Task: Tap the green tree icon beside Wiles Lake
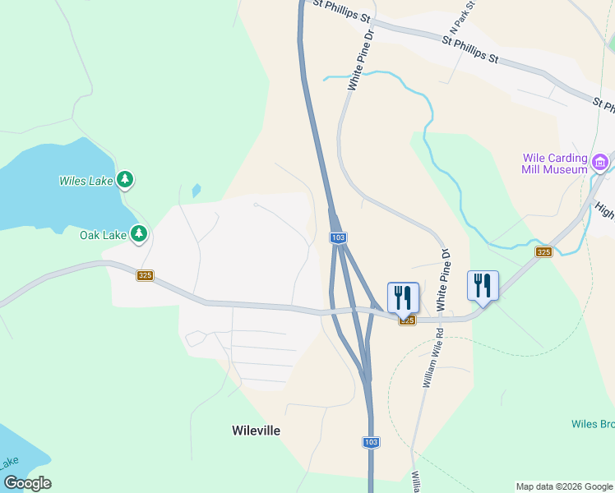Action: (125, 178)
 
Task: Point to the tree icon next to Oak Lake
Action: (139, 234)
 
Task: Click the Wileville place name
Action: (256, 431)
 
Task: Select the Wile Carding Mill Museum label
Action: (555, 164)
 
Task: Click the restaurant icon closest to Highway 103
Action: (403, 297)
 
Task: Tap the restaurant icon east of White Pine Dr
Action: (483, 286)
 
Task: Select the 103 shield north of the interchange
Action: (338, 237)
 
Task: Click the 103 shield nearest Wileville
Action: (371, 442)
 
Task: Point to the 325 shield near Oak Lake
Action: (146, 275)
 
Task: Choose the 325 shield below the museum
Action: (543, 251)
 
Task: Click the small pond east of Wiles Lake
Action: (196, 191)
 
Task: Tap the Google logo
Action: (27, 483)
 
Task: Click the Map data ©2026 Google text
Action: (565, 486)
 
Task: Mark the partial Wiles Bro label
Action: (593, 424)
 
